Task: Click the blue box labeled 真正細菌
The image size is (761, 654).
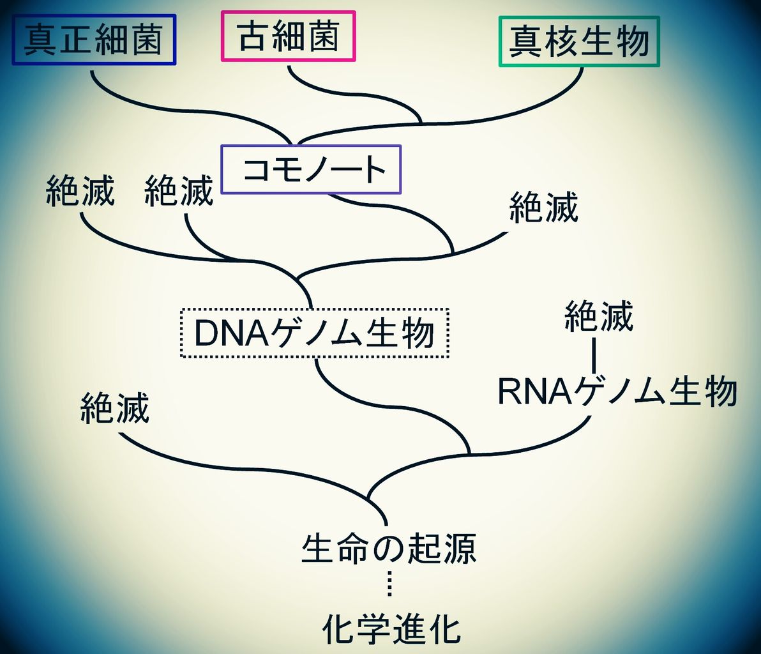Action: pos(94,40)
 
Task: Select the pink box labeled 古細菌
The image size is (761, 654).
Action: pos(288,36)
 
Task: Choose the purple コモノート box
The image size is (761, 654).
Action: pos(311,170)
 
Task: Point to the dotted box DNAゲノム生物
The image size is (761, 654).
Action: pos(315,333)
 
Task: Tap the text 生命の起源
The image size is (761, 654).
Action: pos(389,549)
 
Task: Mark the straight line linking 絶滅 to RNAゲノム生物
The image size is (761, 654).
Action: pos(594,356)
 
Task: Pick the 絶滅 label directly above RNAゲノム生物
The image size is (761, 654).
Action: pos(598,317)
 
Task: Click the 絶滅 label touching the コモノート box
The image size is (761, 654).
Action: pos(179,190)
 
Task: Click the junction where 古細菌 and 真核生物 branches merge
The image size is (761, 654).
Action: pos(420,121)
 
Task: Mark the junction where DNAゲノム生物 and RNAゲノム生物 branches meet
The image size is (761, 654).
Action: pos(469,453)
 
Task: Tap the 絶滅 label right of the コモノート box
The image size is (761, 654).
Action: pos(543,208)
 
